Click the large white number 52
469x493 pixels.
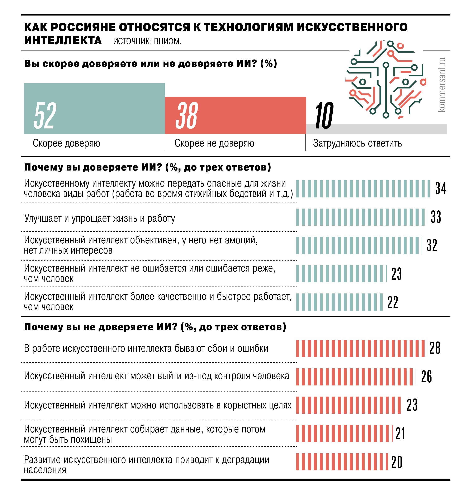pos(45,115)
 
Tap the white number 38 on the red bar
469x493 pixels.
pos(187,115)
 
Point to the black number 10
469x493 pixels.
pos(324,115)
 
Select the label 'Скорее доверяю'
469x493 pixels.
pos(66,143)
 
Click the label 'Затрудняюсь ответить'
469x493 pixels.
pos(357,143)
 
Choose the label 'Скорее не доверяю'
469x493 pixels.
pos(214,143)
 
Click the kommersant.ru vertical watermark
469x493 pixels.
pos(442,85)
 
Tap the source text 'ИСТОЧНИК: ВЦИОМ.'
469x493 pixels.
pos(147,41)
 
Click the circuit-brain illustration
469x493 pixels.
pos(386,80)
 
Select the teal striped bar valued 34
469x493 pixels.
pos(363,189)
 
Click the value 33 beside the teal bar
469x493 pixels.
pos(436,217)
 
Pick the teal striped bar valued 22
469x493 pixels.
pos(339,302)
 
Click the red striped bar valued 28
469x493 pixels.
pos(360,348)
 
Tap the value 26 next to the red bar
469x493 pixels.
pos(426,377)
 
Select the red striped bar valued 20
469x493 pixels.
pos(342,462)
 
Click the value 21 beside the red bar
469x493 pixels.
pos(400,434)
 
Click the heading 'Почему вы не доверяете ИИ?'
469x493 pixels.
pos(155,327)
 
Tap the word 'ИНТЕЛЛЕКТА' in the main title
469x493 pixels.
pos(63,40)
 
